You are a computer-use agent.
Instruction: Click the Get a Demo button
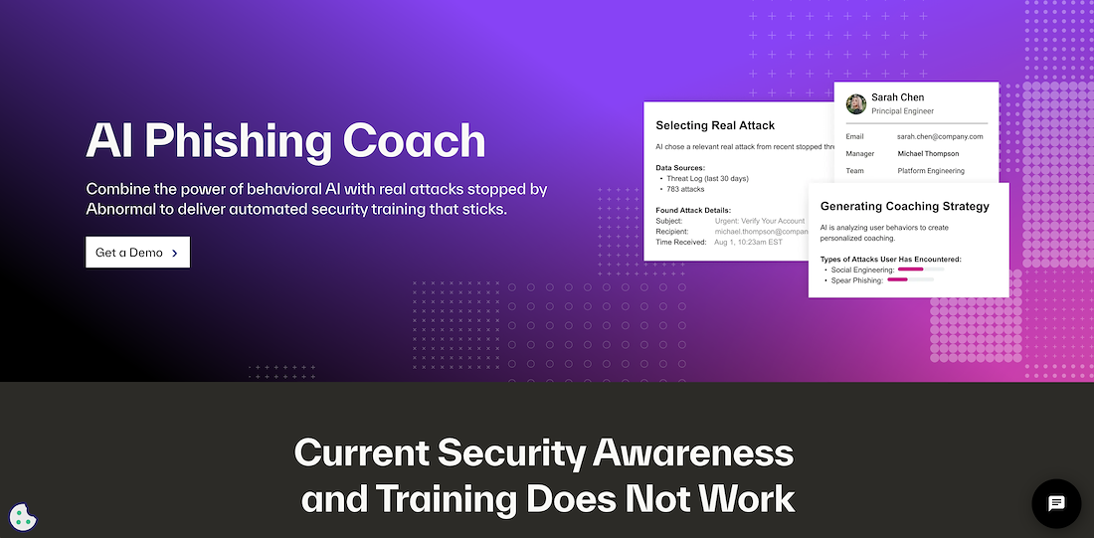[137, 252]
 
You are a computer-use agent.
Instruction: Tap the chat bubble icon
[1056, 503]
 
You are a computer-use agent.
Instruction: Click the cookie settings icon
[23, 517]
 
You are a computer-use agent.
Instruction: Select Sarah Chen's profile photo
[856, 104]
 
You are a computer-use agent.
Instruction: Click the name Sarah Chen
[897, 97]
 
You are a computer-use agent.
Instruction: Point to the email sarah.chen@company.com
[940, 137]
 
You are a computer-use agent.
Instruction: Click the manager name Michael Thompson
[928, 153]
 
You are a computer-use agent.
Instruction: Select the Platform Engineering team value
[931, 171]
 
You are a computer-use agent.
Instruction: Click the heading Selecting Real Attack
[715, 125]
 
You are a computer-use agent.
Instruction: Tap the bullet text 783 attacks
[685, 189]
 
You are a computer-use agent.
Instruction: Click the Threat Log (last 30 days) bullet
[707, 179]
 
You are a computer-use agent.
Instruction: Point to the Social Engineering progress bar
[921, 269]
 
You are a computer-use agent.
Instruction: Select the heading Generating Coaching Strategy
[905, 207]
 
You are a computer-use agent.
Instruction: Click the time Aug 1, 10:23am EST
[749, 242]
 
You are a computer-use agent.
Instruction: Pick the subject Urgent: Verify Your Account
[760, 221]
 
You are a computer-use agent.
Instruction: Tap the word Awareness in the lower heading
[693, 454]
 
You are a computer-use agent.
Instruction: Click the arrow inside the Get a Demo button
[174, 253]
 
